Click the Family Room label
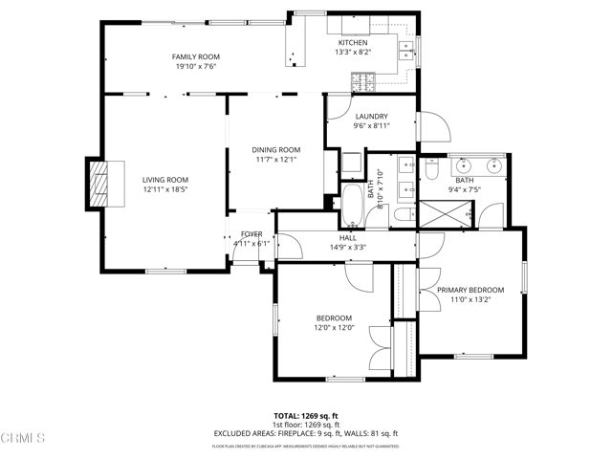pyautogui.click(x=196, y=57)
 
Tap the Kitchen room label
pyautogui.click(x=352, y=43)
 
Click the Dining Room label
pyautogui.click(x=276, y=149)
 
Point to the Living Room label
pyautogui.click(x=165, y=180)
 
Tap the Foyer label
pyautogui.click(x=251, y=233)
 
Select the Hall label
pyautogui.click(x=348, y=237)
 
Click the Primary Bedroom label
pyautogui.click(x=470, y=290)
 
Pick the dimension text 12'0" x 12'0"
pyautogui.click(x=335, y=328)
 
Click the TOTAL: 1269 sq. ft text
pyautogui.click(x=306, y=416)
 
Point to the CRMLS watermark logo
pyautogui.click(x=25, y=440)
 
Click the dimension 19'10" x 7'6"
pyautogui.click(x=196, y=67)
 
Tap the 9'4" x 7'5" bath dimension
pyautogui.click(x=465, y=189)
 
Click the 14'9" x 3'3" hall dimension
pyautogui.click(x=348, y=247)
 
